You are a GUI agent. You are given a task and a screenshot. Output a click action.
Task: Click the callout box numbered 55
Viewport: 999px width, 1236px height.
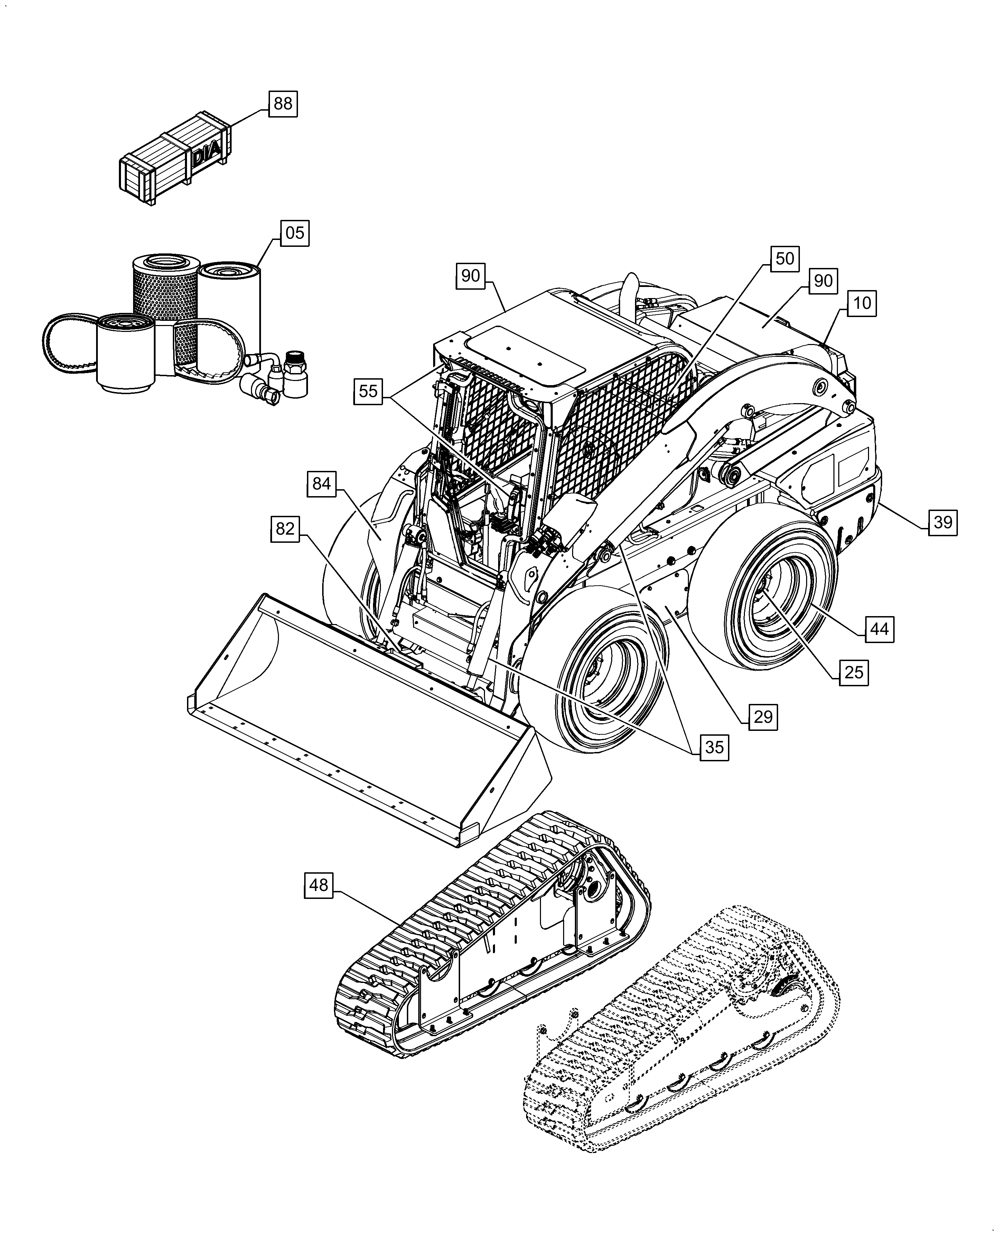tap(368, 391)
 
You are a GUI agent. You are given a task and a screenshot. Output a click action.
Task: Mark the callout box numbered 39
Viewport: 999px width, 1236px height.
tap(943, 522)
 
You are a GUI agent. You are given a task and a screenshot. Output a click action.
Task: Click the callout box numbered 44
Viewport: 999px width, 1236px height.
tap(879, 629)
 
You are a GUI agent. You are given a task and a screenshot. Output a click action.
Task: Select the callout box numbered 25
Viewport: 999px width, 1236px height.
tap(853, 672)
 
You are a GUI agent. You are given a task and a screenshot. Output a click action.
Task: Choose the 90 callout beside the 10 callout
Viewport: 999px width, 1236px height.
tap(823, 281)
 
